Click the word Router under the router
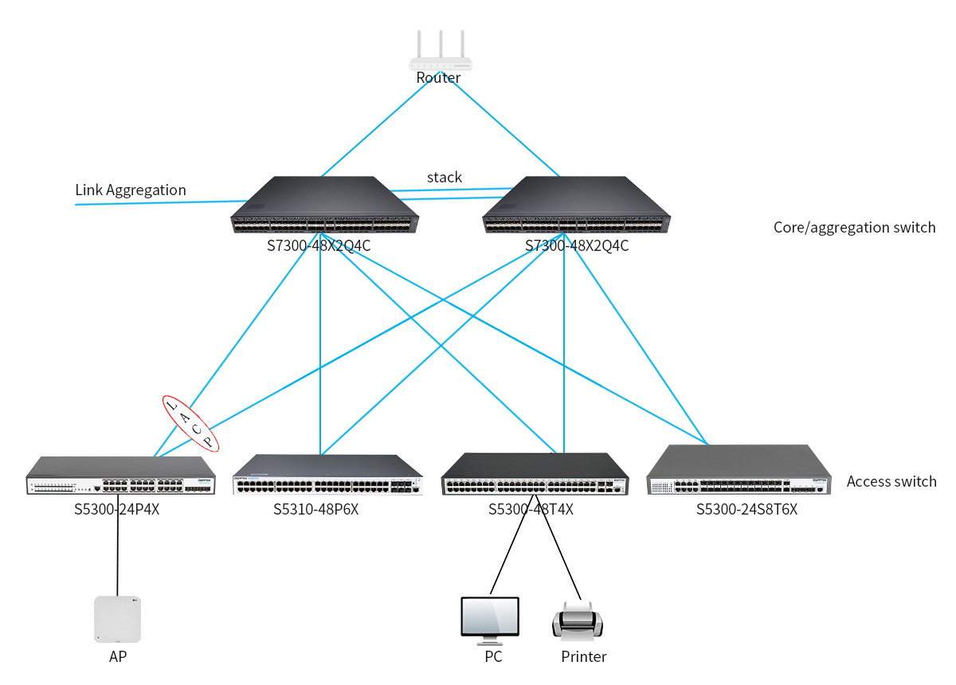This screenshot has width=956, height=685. [438, 78]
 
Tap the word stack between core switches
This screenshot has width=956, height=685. [444, 177]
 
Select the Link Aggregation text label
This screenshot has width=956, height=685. [131, 190]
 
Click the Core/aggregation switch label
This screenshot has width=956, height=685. [854, 228]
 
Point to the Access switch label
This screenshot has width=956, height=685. [891, 481]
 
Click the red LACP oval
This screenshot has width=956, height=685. [190, 424]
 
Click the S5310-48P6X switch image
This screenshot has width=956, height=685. [327, 476]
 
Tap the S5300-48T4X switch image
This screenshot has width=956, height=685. [535, 476]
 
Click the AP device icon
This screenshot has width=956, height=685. [117, 619]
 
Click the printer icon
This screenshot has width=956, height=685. [578, 620]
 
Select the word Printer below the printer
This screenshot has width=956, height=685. [583, 657]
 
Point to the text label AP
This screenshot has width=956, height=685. [118, 657]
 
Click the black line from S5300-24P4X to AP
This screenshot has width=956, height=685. [118, 550]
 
